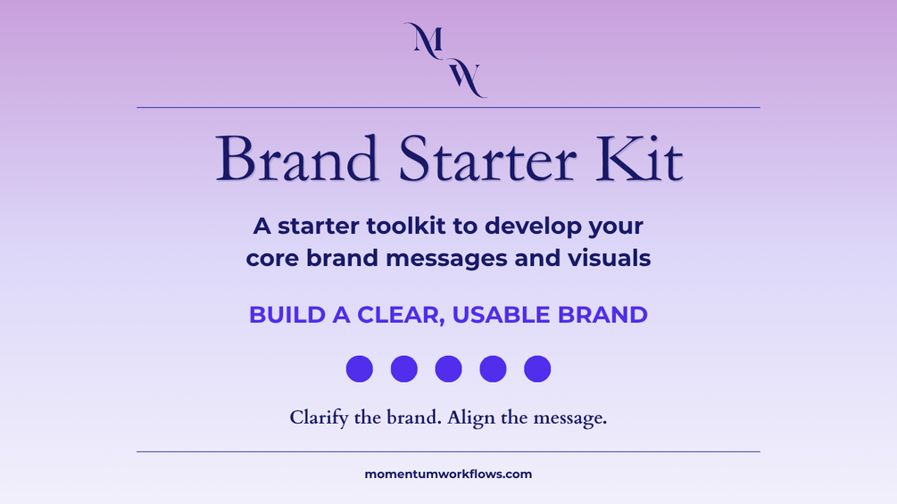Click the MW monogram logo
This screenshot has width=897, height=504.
[x=445, y=60]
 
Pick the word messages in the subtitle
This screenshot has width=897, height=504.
[x=446, y=260]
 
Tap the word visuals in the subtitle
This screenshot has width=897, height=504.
[x=609, y=258]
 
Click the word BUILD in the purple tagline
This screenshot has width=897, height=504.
[x=287, y=315]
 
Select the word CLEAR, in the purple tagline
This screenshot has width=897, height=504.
[x=401, y=316]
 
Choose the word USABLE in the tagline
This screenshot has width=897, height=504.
[x=501, y=315]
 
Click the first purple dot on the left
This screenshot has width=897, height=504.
[x=360, y=368]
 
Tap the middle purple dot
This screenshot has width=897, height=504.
[x=448, y=368]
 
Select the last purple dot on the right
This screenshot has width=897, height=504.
[x=537, y=368]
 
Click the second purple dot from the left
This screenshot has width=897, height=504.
[x=404, y=368]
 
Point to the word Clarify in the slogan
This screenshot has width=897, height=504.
[x=319, y=418]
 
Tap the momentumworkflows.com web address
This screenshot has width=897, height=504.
[x=448, y=475]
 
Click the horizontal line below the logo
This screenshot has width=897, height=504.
[x=448, y=107]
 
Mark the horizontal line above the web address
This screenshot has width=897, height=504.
[x=448, y=452]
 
